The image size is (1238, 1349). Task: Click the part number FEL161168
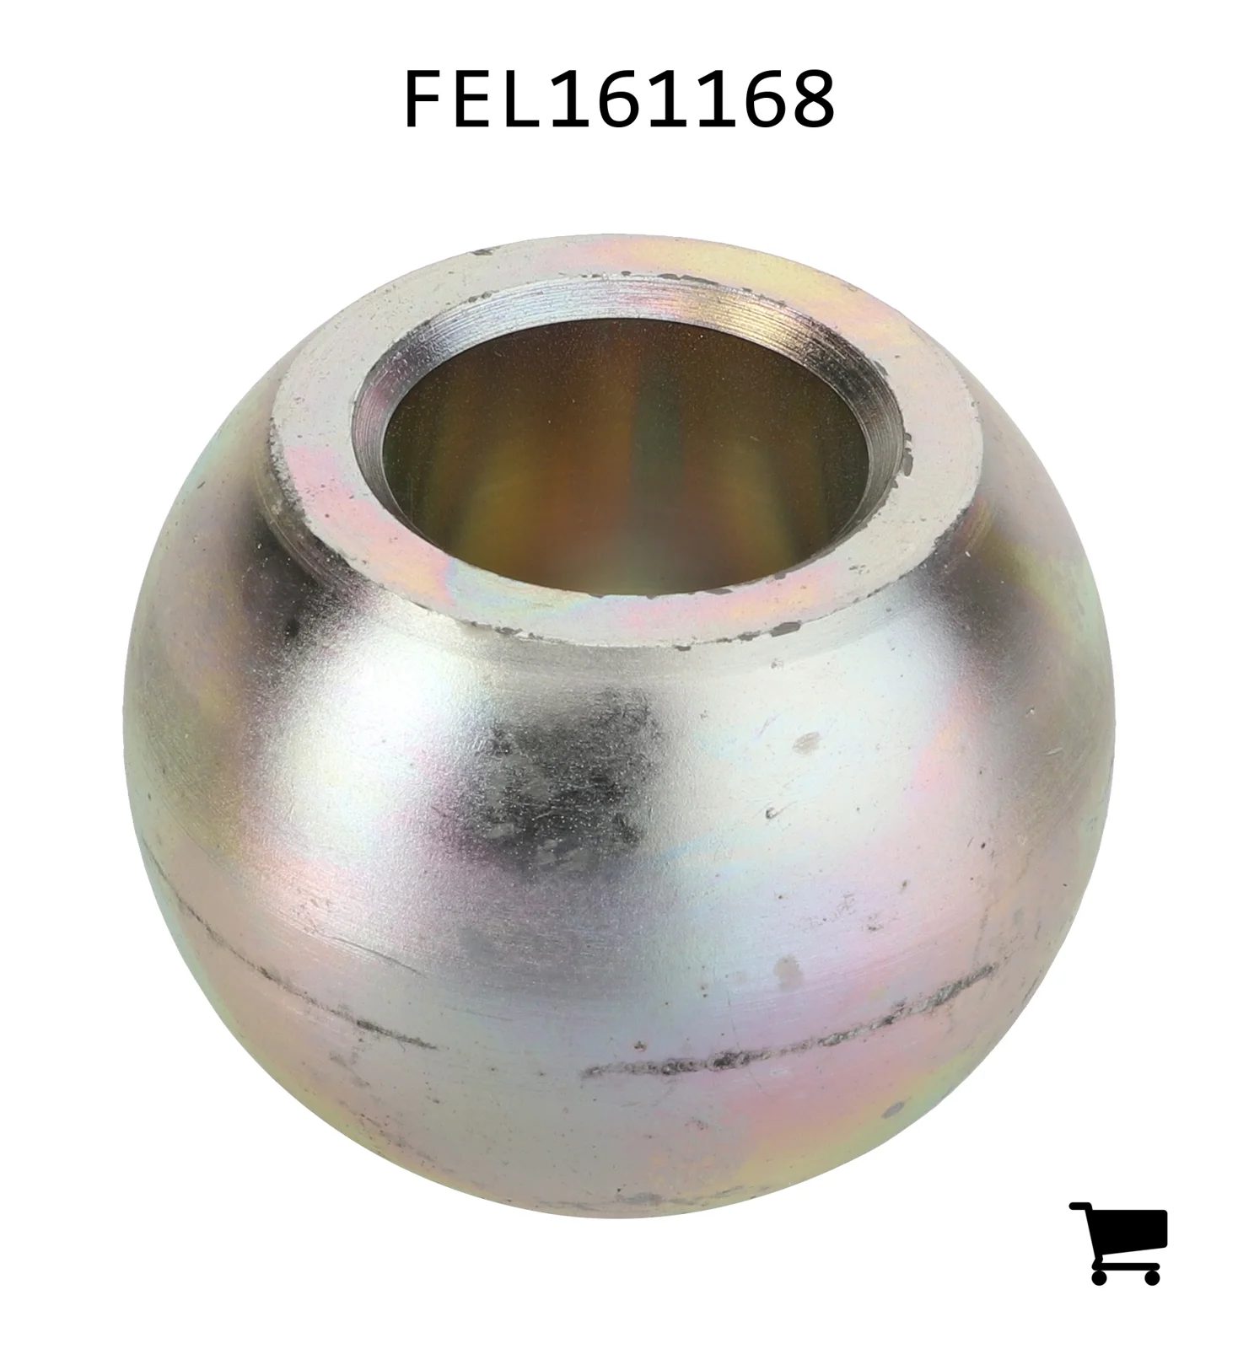coord(621,99)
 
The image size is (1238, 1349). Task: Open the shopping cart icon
coord(1118,1243)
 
